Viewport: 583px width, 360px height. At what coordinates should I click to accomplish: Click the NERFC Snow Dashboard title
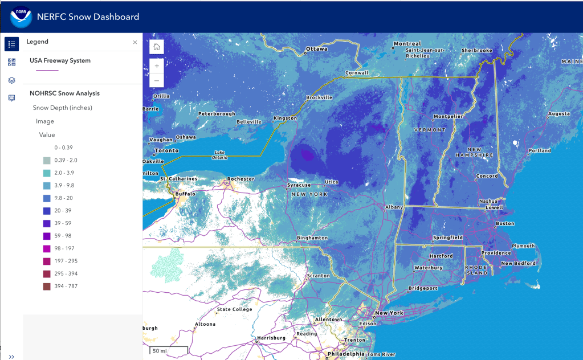[x=88, y=17]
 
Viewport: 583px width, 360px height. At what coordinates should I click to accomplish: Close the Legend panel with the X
[x=135, y=42]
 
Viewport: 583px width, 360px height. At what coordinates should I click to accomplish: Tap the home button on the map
[x=157, y=47]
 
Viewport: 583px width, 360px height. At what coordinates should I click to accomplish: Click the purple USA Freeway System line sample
[x=47, y=71]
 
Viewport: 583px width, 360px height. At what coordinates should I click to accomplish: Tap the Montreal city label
[x=407, y=44]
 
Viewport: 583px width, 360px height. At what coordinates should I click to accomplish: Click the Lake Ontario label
[x=219, y=154]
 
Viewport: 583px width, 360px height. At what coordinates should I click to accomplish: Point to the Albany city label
[x=394, y=207]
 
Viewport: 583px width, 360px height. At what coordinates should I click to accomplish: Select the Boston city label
[x=505, y=224]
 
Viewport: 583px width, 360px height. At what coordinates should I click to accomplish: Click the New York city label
[x=389, y=313]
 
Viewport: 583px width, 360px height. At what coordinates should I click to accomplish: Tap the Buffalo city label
[x=185, y=194]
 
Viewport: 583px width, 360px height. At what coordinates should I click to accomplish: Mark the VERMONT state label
[x=430, y=130]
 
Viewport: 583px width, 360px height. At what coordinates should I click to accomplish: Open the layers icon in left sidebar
[x=11, y=80]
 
